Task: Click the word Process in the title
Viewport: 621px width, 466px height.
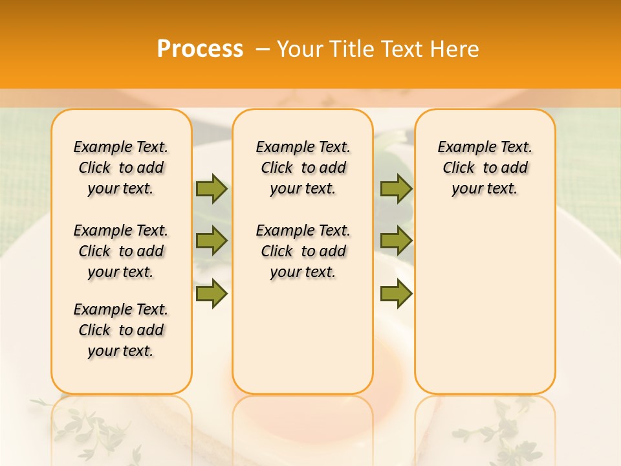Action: (200, 49)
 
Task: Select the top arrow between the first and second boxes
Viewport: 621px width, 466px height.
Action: (212, 188)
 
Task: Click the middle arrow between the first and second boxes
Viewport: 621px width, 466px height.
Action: (212, 241)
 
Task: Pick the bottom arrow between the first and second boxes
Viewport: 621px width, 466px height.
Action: (212, 294)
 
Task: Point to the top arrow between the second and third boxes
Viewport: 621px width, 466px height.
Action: (396, 188)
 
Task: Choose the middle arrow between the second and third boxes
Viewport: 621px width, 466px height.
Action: (396, 241)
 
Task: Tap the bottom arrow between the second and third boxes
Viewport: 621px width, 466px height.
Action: (396, 294)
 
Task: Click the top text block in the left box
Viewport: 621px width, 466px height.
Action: (121, 168)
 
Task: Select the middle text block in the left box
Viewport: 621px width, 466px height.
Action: (121, 251)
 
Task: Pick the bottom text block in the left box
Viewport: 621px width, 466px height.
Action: (121, 330)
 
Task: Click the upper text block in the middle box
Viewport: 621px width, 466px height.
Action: (303, 168)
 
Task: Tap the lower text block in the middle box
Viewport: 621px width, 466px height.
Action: (303, 251)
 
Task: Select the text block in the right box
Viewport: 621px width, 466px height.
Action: (485, 168)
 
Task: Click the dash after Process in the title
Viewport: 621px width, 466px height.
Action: (262, 49)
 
